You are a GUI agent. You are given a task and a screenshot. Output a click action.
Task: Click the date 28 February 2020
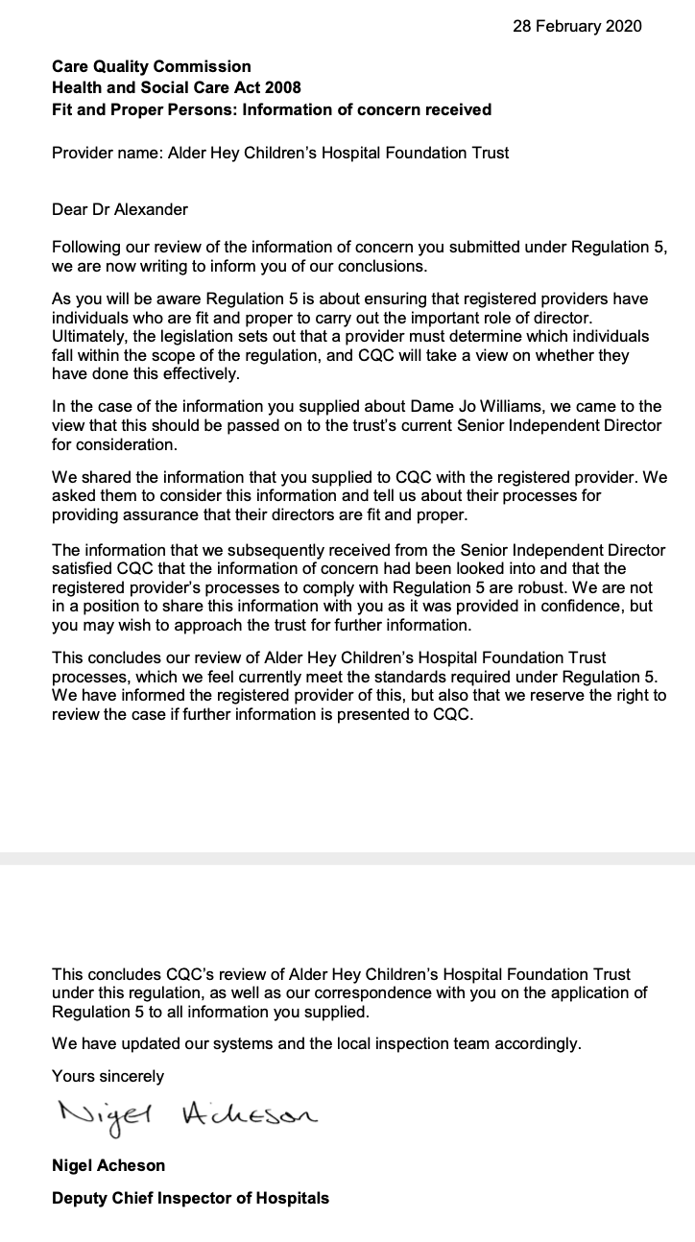tap(577, 26)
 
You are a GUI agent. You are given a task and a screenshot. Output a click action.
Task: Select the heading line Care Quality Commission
tap(151, 66)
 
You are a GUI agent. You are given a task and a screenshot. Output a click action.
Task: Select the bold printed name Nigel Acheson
tap(108, 1165)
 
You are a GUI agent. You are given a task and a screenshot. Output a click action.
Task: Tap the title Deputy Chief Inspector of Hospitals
tap(190, 1197)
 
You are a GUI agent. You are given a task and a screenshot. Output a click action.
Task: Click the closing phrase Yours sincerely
tap(108, 1076)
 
